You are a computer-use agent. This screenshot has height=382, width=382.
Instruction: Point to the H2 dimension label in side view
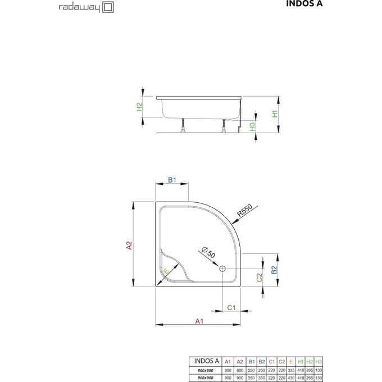(x=140, y=106)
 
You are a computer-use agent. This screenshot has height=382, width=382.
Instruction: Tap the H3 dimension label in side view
(x=253, y=126)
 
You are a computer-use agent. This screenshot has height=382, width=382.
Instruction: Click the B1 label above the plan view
(x=173, y=180)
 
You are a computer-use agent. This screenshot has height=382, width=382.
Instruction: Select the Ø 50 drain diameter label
(x=208, y=253)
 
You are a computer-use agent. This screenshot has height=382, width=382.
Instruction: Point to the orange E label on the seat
(x=165, y=272)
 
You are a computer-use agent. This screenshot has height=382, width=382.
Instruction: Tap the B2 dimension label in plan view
(x=274, y=270)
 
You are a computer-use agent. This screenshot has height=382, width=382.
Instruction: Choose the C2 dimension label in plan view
(x=259, y=277)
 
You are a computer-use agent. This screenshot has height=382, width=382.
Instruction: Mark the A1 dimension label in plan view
(x=198, y=321)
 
